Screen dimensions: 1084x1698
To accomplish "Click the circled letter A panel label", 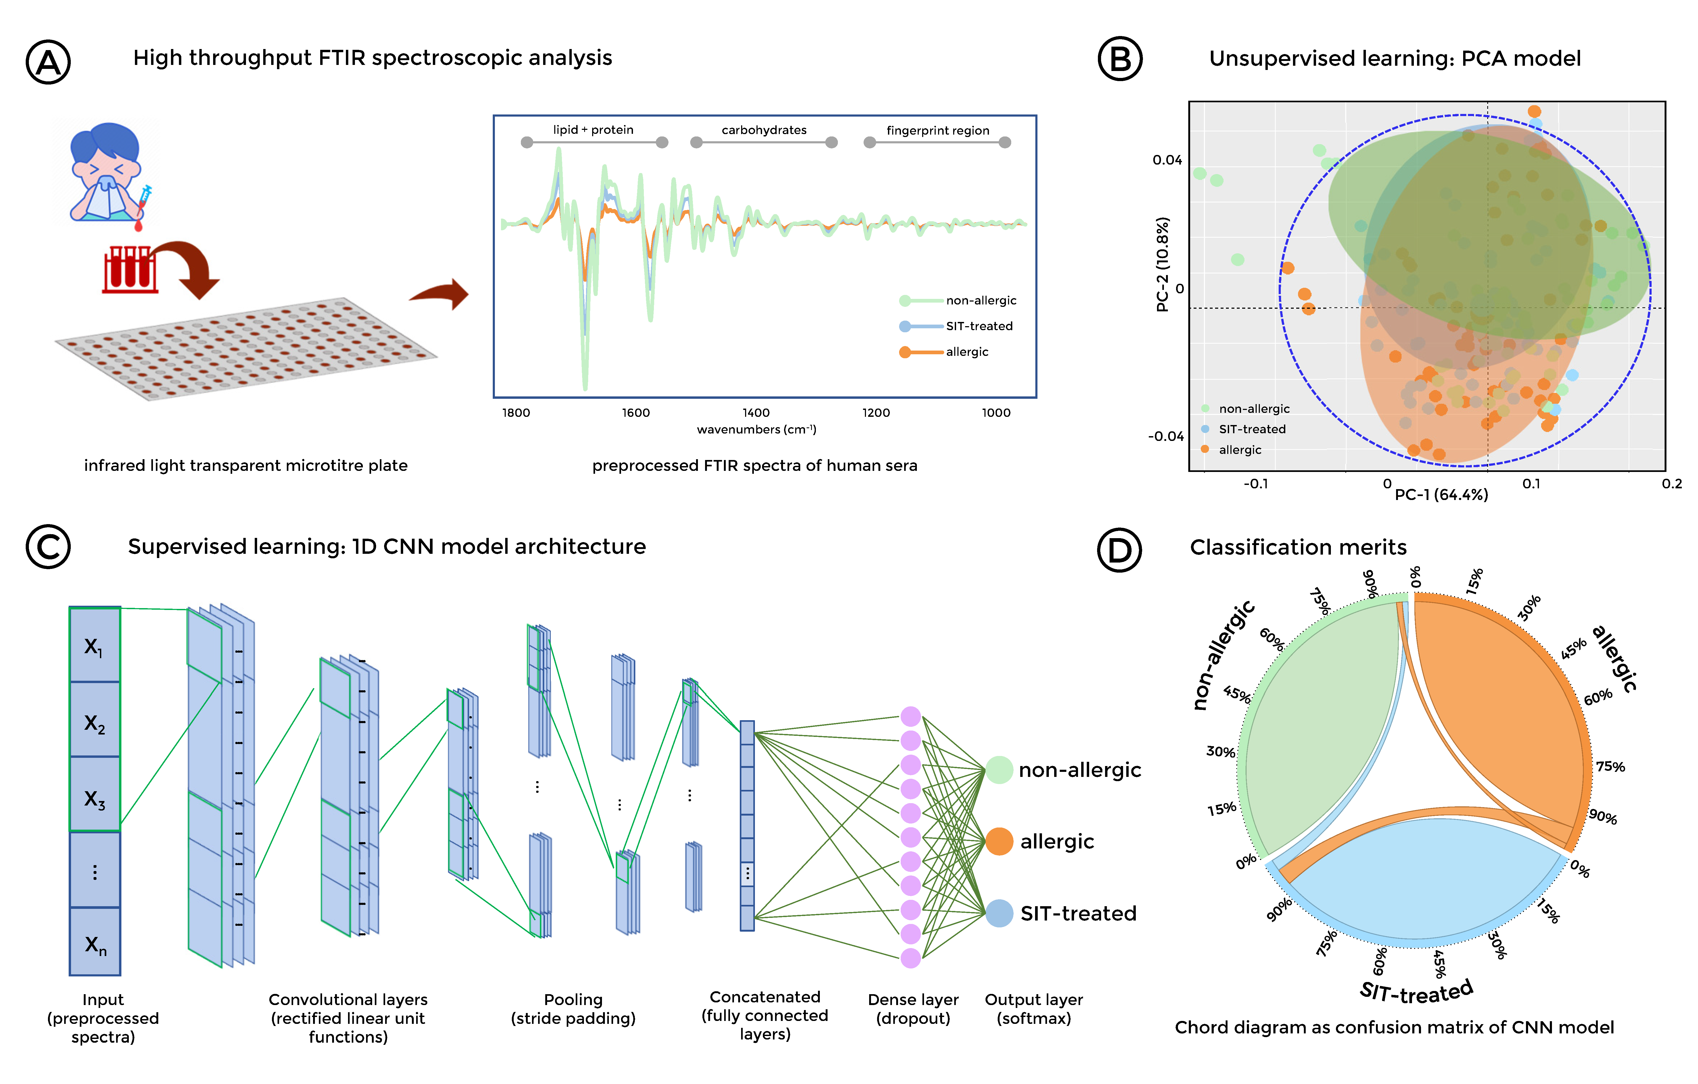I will [x=48, y=62].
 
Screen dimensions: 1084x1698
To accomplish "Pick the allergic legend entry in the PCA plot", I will [x=1240, y=450].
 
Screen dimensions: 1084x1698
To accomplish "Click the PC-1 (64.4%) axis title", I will [x=1441, y=495].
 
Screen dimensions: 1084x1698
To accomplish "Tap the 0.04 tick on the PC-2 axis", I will [x=1167, y=160].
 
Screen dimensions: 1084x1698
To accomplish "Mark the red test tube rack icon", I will [x=130, y=268].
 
